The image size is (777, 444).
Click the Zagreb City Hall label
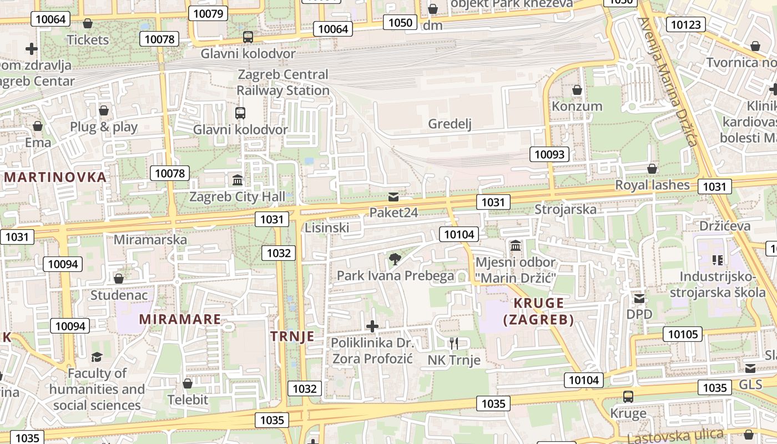tap(237, 196)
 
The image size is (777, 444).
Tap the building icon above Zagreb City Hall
tap(238, 180)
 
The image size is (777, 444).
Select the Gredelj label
tap(450, 124)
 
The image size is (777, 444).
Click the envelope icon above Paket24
tap(393, 196)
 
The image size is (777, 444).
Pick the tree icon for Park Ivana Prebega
tap(395, 259)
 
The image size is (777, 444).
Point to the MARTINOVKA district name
tap(55, 177)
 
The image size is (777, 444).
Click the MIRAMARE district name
tap(180, 319)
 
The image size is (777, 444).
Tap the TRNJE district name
tap(292, 336)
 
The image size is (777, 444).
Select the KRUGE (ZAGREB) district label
tap(538, 311)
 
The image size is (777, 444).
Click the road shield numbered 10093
tap(549, 154)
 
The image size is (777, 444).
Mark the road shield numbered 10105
tap(682, 334)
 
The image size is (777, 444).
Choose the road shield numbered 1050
tap(400, 22)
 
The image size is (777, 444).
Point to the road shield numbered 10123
tap(687, 24)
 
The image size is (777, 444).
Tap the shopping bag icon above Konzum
tap(577, 90)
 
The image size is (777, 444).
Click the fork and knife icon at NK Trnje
tap(454, 343)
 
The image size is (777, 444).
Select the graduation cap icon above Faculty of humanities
tap(97, 357)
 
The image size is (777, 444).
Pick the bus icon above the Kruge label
tap(628, 397)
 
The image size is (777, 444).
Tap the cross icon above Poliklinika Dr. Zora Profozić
tap(372, 326)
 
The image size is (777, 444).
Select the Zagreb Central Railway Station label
tap(283, 82)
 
